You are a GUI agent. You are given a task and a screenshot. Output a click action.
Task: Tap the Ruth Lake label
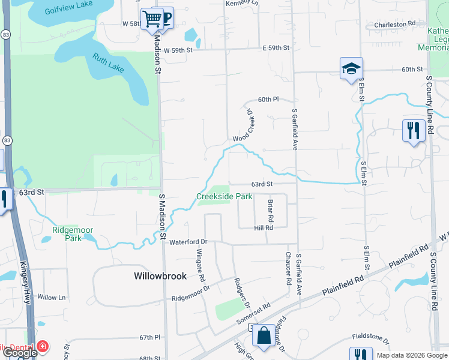pyautogui.click(x=108, y=63)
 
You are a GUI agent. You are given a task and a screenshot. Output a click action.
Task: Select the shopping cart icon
pyautogui.click(x=152, y=19)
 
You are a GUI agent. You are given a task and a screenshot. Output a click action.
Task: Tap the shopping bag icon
pyautogui.click(x=264, y=337)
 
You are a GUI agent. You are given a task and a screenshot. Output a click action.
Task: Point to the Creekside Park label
pyautogui.click(x=224, y=196)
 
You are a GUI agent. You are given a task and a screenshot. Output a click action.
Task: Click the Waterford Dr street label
pyautogui.click(x=188, y=242)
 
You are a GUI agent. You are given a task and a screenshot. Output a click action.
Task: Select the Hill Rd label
pyautogui.click(x=264, y=228)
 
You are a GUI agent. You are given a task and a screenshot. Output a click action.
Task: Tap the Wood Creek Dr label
pyautogui.click(x=245, y=125)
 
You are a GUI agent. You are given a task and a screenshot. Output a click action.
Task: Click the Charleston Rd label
pyautogui.click(x=394, y=24)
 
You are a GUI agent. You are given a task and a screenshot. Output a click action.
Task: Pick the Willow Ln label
pyautogui.click(x=51, y=298)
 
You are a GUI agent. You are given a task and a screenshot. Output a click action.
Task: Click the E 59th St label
pyautogui.click(x=276, y=47)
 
